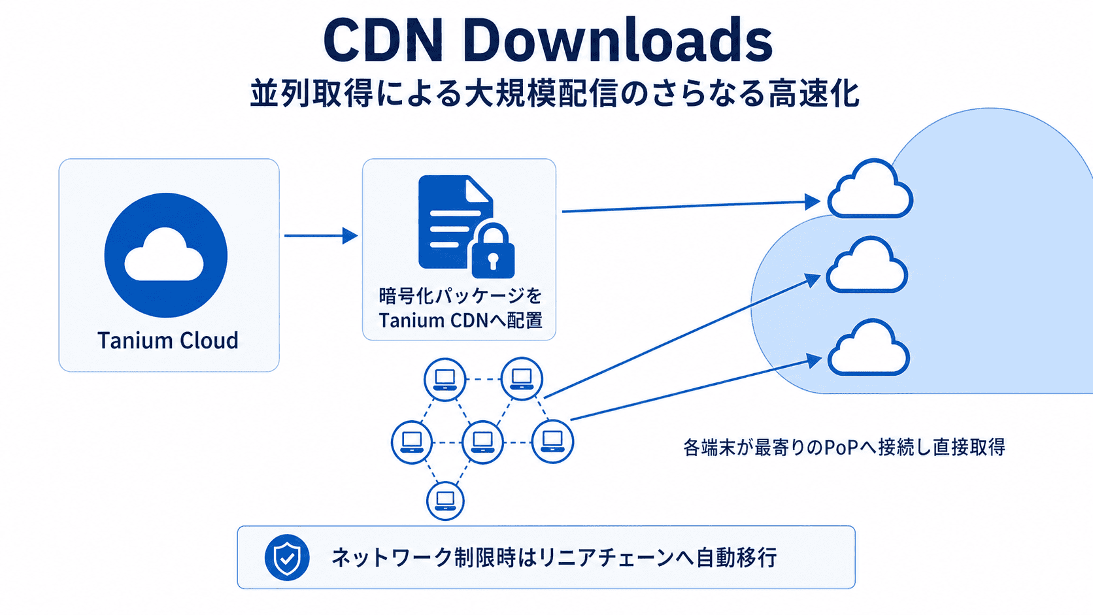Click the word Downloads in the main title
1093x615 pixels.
tap(618, 41)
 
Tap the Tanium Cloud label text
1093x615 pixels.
tap(168, 341)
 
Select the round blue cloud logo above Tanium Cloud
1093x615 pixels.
tap(166, 255)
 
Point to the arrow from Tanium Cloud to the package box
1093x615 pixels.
tap(320, 236)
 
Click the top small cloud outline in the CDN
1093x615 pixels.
tap(870, 191)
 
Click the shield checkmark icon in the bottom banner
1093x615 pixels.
tap(287, 557)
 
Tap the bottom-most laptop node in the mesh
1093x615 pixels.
tap(445, 501)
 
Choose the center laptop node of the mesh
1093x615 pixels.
tap(482, 442)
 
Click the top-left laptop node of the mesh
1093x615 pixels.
tap(445, 379)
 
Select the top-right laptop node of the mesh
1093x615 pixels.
tap(522, 378)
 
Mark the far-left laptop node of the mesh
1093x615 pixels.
tap(412, 442)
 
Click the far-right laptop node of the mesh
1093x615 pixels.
tap(553, 442)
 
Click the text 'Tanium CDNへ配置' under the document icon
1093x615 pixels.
tap(460, 321)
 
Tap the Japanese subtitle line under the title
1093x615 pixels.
tap(554, 93)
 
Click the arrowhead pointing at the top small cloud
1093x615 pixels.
tap(813, 201)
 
